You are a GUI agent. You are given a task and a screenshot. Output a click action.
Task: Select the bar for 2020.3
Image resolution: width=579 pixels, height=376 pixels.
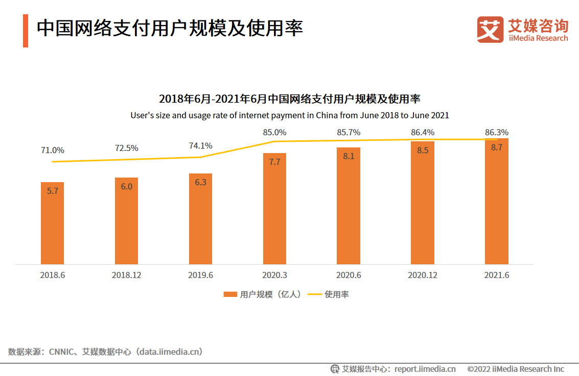274,209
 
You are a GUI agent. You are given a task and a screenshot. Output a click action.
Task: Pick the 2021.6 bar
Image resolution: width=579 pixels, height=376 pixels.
497,202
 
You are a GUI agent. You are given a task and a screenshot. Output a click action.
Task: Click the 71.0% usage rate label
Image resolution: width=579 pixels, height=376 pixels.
53,151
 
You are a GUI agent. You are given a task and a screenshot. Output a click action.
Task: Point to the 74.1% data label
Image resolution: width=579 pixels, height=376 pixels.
201,145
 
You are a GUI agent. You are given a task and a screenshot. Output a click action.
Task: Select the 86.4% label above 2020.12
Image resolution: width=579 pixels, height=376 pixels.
423,132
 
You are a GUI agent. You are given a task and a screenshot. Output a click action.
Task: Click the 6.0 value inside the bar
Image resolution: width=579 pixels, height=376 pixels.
126,187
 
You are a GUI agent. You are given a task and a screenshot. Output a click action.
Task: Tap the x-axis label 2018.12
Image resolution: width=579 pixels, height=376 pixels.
126,275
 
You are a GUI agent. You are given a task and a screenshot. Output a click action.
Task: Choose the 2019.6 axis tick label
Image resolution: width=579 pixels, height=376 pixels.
200,275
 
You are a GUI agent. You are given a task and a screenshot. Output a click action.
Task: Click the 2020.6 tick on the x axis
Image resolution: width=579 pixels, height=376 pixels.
349,275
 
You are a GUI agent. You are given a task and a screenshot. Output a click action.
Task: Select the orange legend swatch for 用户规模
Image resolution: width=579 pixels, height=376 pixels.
230,294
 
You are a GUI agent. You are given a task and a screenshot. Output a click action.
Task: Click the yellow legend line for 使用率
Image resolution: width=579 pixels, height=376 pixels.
314,294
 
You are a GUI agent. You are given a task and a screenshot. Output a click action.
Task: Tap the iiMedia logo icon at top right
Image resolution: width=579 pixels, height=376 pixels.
490,29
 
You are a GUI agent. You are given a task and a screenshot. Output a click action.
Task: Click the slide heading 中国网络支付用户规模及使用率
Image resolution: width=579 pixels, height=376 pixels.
170,28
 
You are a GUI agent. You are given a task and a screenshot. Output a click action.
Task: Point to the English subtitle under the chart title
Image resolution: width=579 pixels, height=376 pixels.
290,115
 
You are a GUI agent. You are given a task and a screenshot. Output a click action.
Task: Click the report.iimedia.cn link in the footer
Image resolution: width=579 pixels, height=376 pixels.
425,369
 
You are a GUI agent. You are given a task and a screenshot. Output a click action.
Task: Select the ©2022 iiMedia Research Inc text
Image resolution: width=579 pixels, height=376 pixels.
516,369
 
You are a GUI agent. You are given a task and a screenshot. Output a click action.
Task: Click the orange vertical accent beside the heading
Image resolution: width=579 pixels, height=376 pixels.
26,31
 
